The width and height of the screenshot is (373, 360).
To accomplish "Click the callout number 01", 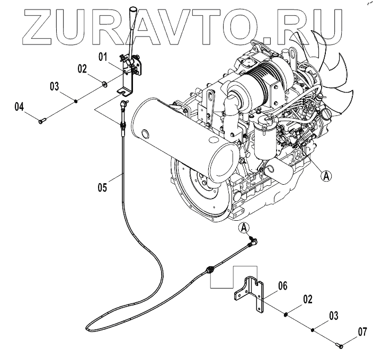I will pyautogui.click(x=102, y=55).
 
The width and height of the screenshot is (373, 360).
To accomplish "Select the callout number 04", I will pyautogui.click(x=19, y=106).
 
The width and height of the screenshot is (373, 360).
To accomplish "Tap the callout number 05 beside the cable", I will pyautogui.click(x=102, y=186).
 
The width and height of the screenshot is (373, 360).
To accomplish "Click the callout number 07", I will pyautogui.click(x=362, y=332).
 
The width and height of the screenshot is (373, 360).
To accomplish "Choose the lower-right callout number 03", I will pyautogui.click(x=333, y=316).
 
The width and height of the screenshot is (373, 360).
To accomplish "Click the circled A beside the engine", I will pyautogui.click(x=327, y=176).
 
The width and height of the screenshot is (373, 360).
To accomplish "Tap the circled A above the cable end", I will pyautogui.click(x=244, y=228).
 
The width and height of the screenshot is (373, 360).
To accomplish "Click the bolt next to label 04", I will pyautogui.click(x=42, y=122).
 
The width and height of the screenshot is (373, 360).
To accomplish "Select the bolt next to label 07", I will pyautogui.click(x=340, y=346).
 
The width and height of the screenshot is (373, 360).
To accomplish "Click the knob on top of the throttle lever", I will pyautogui.click(x=134, y=12).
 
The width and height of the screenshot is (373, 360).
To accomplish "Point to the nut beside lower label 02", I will pyautogui.click(x=287, y=314).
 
